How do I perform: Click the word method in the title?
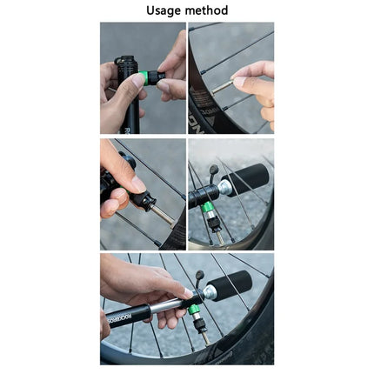[206, 10]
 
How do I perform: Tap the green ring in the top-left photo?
[154, 77]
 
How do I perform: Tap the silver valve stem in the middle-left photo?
[163, 213]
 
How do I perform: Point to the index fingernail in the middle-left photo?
[137, 184]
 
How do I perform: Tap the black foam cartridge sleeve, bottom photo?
[230, 283]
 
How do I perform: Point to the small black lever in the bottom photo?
[200, 278]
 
